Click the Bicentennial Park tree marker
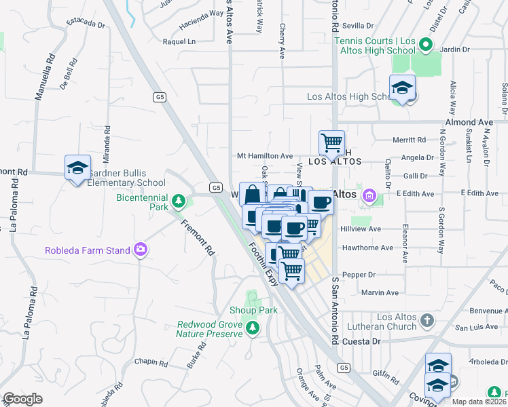click(178, 201)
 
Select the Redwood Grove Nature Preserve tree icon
click(253, 328)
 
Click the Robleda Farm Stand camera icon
click(141, 250)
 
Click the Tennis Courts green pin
click(426, 45)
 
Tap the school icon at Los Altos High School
click(402, 88)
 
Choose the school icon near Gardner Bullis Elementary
click(77, 167)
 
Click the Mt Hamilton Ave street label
click(264, 155)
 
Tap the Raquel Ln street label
click(179, 41)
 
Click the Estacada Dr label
click(86, 25)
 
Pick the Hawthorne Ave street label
click(367, 248)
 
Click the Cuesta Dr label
click(361, 341)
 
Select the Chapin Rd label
click(151, 364)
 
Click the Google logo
click(23, 399)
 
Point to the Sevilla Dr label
click(359, 26)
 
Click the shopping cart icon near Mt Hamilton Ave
click(331, 142)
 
